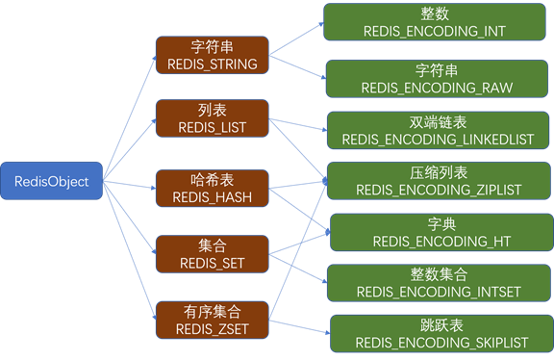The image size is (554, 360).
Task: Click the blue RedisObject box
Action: point(51,181)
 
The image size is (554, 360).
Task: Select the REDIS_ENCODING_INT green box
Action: point(434,22)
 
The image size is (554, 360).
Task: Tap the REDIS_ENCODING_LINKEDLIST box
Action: point(439,130)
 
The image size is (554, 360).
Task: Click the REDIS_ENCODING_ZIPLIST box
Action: point(439,181)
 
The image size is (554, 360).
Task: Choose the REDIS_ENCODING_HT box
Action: point(441,232)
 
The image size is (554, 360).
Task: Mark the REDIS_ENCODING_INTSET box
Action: point(439,283)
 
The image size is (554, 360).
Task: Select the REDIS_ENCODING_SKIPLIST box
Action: point(441,333)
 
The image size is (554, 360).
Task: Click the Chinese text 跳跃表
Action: point(440,324)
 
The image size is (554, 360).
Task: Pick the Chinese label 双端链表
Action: point(439,121)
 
